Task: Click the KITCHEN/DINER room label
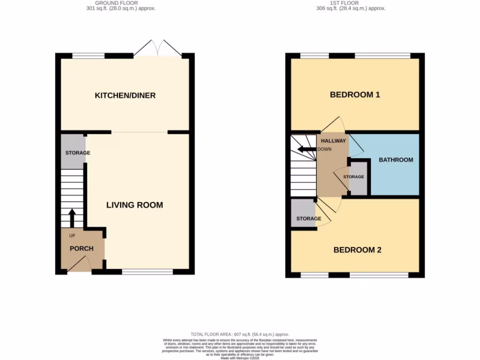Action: coord(125,96)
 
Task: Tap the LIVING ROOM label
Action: coord(135,205)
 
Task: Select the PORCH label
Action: coord(82,248)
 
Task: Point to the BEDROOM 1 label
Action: coord(355,95)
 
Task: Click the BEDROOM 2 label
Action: coord(357,250)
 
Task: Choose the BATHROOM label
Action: coord(396,160)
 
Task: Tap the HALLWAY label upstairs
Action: coord(333,141)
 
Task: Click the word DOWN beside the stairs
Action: coord(325,150)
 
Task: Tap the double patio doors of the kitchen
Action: coord(158,48)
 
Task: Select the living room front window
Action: coord(147,271)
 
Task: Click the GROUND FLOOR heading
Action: coord(116,3)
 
